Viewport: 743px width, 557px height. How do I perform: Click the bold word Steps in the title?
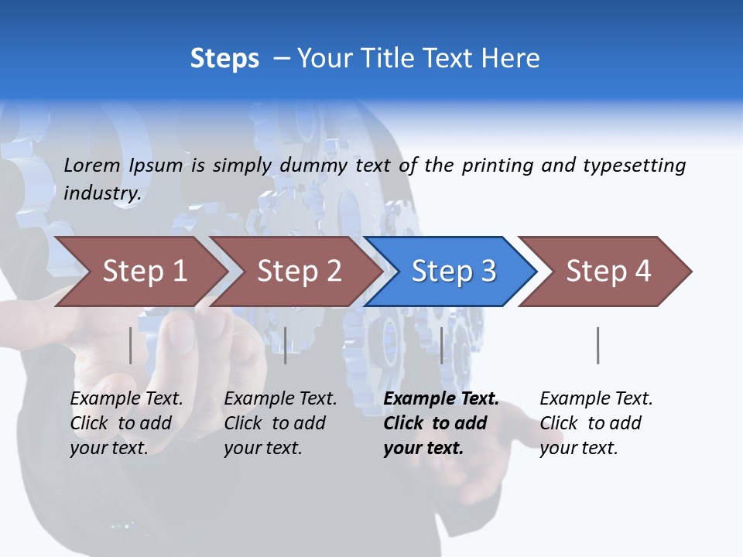(224, 59)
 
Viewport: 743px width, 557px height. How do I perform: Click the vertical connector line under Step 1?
(130, 345)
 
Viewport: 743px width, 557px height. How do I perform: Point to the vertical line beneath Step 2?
(286, 345)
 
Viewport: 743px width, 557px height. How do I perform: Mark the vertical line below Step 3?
(441, 345)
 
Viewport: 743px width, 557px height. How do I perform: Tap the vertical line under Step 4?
(597, 345)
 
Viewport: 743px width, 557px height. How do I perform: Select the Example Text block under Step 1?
(126, 423)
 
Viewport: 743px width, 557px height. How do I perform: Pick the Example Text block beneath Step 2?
(280, 423)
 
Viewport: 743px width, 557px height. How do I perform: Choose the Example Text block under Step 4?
(596, 423)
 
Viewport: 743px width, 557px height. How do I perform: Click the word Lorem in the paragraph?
(92, 165)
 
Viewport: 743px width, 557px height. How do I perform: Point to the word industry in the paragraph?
(101, 193)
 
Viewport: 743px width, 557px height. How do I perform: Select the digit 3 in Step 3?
(488, 272)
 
